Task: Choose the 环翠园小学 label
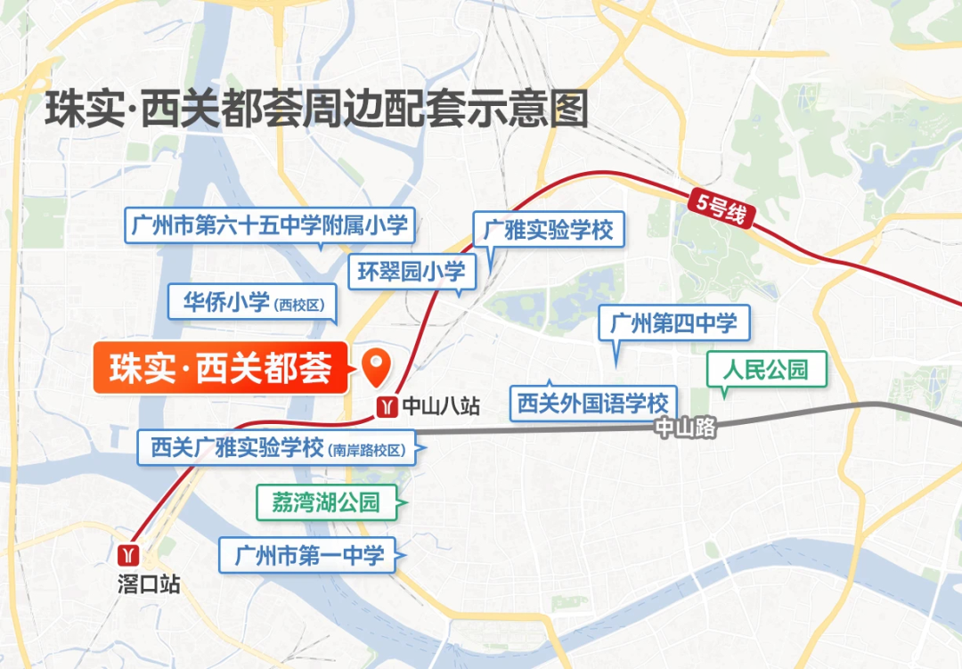point(412,272)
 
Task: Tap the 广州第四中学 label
point(674,323)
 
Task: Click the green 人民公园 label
point(766,369)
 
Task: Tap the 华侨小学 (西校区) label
point(253,303)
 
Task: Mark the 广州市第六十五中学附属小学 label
point(268,225)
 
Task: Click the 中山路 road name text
point(685,428)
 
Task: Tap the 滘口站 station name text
point(148,584)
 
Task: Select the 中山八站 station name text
point(441,407)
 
